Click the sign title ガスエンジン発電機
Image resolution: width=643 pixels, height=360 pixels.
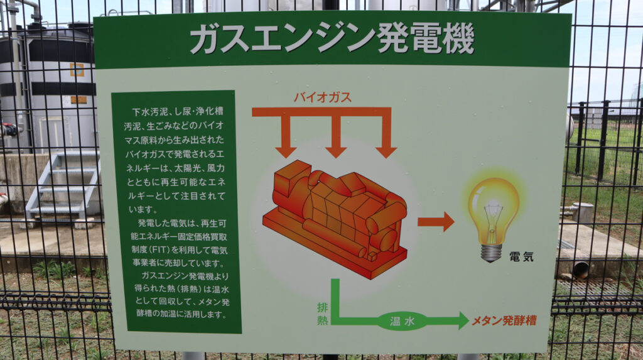[332, 40]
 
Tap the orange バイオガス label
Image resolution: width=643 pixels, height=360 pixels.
[322, 97]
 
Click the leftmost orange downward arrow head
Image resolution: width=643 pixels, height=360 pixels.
[286, 151]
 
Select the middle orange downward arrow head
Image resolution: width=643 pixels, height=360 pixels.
[336, 151]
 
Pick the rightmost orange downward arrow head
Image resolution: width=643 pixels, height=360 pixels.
[386, 151]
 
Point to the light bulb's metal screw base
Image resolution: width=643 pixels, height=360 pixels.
[491, 252]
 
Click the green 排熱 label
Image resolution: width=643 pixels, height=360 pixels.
[322, 312]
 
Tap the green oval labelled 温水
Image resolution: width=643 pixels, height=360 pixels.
[402, 321]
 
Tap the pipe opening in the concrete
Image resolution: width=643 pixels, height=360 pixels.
[581, 270]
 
